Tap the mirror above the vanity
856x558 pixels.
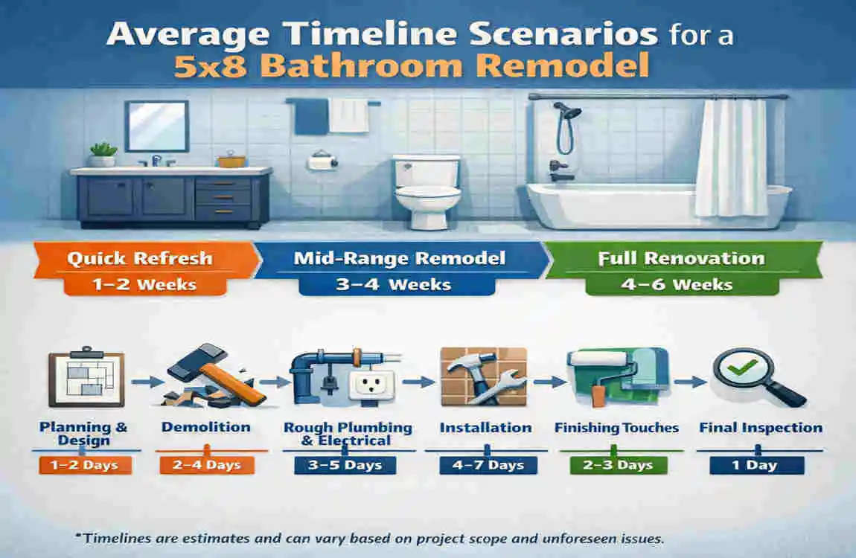click(x=156, y=126)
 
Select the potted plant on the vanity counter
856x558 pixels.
click(x=103, y=154)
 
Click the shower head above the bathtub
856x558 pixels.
click(x=569, y=112)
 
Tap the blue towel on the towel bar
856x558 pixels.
click(x=311, y=117)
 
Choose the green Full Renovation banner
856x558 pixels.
click(x=682, y=259)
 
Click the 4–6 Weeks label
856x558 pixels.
click(x=680, y=284)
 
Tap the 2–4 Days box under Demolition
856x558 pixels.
click(x=206, y=466)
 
